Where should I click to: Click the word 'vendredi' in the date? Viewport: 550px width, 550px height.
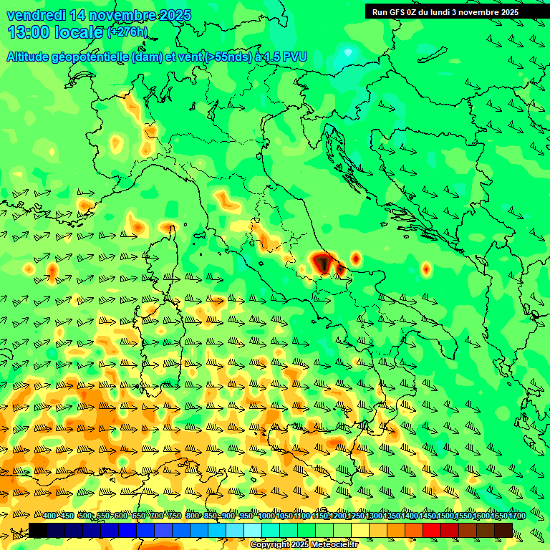click(36, 15)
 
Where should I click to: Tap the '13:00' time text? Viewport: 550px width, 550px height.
click(28, 32)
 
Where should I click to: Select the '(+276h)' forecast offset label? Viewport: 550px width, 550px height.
click(127, 32)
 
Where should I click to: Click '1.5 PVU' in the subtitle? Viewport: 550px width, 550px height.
click(286, 57)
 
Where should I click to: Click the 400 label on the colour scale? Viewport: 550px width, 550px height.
click(49, 516)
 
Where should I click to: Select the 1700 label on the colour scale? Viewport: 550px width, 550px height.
click(516, 516)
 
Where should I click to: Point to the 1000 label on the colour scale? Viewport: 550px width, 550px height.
click(266, 516)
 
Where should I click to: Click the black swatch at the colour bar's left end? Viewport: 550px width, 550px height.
click(38, 530)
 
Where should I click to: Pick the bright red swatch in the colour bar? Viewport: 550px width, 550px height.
click(432, 530)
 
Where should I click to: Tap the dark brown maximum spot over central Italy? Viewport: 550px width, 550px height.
click(324, 264)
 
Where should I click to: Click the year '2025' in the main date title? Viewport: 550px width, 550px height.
click(175, 15)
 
